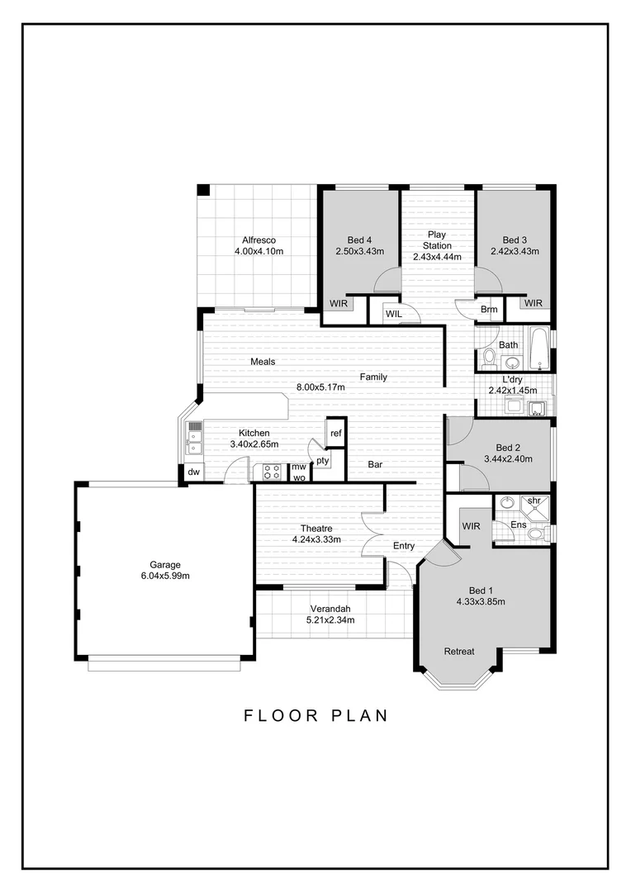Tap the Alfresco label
(259, 240)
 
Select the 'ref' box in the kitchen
(336, 432)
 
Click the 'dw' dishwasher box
(193, 472)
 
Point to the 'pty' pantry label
(322, 459)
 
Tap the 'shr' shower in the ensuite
(534, 501)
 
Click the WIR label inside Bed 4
(339, 303)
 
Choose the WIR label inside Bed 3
(534, 303)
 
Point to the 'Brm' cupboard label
(489, 310)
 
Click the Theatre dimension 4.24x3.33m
(316, 539)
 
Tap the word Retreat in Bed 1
(459, 651)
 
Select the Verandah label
(330, 609)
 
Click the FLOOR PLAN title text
(315, 715)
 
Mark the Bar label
(375, 466)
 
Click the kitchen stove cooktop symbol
(271, 472)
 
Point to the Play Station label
(437, 240)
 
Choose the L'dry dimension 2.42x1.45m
(512, 391)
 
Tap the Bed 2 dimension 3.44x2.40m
(508, 458)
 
